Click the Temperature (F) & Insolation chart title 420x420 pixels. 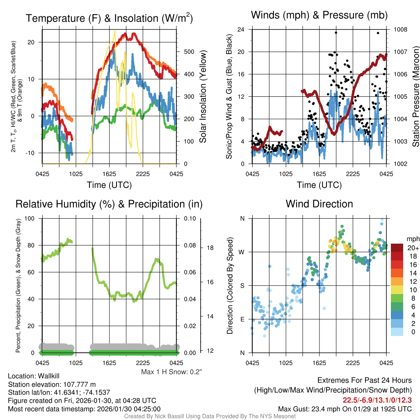(109, 18)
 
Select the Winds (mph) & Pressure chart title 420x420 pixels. (319, 16)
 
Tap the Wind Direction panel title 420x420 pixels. (319, 204)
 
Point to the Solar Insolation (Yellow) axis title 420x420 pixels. (203, 96)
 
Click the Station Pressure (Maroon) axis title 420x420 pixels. (415, 96)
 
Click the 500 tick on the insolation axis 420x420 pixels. (189, 52)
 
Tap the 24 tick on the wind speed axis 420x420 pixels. (241, 30)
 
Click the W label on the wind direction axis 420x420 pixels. (242, 252)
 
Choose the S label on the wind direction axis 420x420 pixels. (242, 285)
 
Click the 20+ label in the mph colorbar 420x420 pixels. (413, 248)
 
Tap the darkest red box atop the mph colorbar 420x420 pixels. (398, 248)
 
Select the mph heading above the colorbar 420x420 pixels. (412, 239)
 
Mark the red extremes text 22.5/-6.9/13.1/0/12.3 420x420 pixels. (377, 399)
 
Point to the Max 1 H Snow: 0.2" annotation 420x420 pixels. (171, 372)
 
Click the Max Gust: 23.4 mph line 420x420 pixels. (345, 409)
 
